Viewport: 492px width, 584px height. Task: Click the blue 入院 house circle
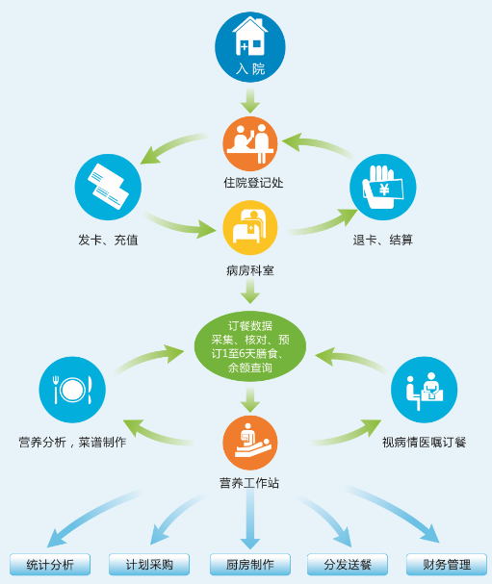(250, 47)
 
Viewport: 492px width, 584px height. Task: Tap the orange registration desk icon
(250, 143)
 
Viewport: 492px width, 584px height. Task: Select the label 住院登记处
(253, 183)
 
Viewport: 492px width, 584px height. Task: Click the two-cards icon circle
(108, 187)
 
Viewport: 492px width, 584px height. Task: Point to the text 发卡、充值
(108, 240)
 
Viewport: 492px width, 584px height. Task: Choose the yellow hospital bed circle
(250, 228)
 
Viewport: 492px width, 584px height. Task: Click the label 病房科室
(250, 270)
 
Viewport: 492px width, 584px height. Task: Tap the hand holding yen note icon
(383, 187)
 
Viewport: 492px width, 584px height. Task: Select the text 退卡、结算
(383, 240)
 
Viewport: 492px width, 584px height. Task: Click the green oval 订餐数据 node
(250, 346)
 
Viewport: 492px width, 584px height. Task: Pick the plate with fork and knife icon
(72, 390)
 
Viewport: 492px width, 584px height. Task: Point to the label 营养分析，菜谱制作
(72, 443)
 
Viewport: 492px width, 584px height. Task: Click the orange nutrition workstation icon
(250, 443)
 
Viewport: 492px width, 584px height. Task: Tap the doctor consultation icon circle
(425, 390)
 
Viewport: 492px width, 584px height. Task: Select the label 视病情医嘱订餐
(425, 443)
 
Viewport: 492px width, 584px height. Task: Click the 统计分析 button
(50, 565)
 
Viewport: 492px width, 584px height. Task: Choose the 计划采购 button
(149, 565)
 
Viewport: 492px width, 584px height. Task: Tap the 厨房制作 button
(250, 565)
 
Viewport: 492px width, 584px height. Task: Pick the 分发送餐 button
(348, 565)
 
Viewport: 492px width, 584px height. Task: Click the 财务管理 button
(447, 565)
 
